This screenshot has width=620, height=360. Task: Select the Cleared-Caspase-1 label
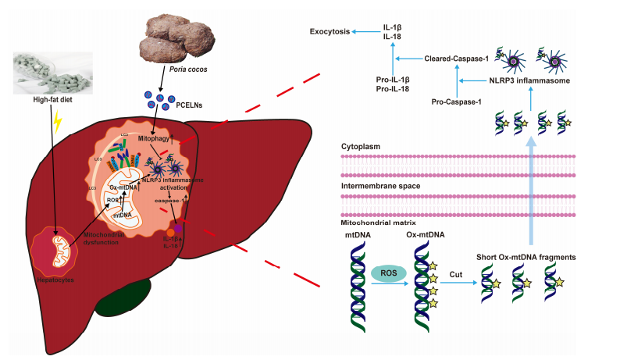457,59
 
